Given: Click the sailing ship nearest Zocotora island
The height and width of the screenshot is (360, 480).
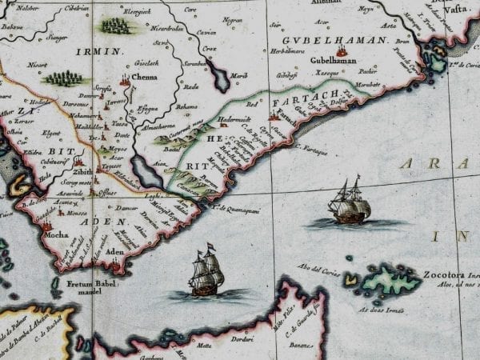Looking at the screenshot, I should point(350,203).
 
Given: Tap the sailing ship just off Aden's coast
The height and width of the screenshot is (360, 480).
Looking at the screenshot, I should point(205,272).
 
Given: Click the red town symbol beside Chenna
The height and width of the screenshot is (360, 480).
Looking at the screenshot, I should point(126,80).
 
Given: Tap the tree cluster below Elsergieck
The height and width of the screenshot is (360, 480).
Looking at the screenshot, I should point(114,26).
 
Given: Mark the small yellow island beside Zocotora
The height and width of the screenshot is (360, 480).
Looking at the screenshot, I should point(350,279).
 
